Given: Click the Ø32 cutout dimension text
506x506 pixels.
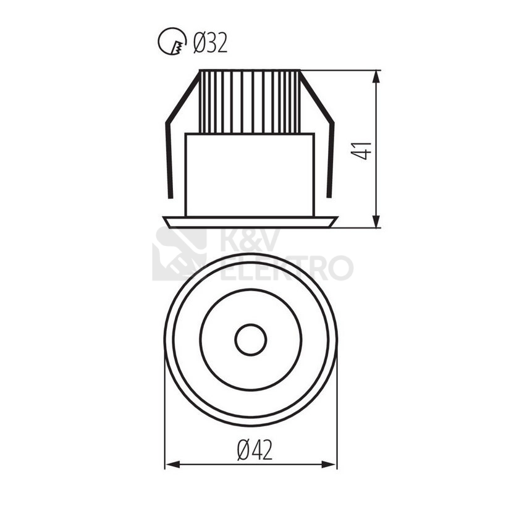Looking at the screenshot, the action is click(x=210, y=43).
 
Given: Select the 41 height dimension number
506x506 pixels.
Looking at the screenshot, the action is click(x=361, y=150).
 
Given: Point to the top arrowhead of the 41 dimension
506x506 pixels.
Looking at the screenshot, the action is click(x=376, y=77).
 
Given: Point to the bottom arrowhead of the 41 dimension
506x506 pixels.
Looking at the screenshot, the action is click(x=376, y=221).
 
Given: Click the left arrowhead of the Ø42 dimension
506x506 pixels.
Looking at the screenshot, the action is click(x=172, y=465).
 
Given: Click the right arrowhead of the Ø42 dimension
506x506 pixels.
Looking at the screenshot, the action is click(x=329, y=465).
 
